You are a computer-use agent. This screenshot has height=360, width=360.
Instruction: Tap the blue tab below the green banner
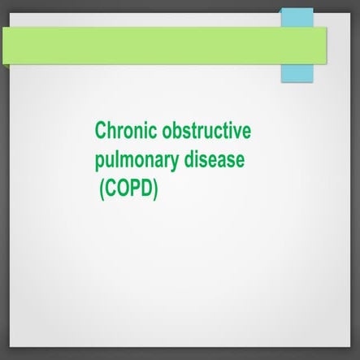297,72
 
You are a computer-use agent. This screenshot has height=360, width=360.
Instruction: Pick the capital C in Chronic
101,131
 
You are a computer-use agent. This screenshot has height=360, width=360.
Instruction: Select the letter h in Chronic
111,131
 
